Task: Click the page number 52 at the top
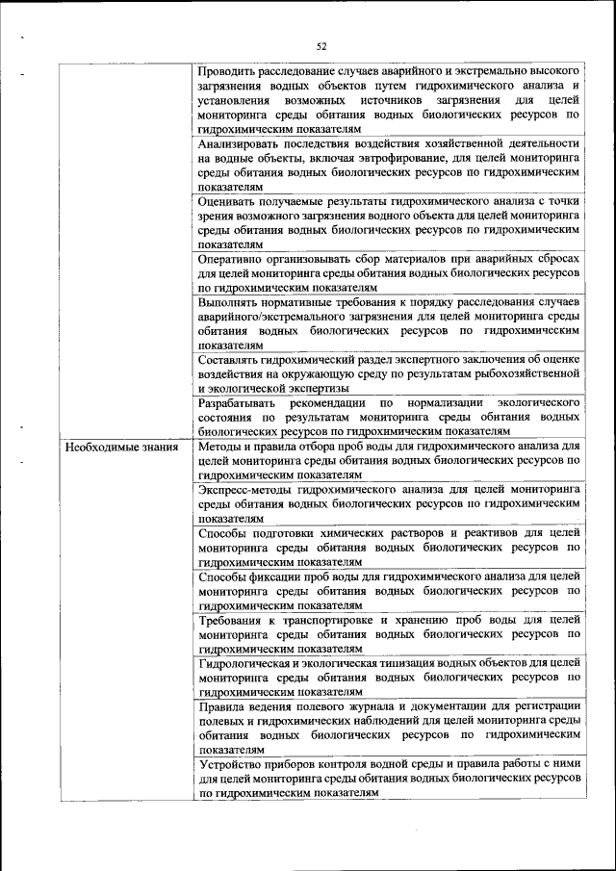point(321,45)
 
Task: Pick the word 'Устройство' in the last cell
point(231,765)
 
